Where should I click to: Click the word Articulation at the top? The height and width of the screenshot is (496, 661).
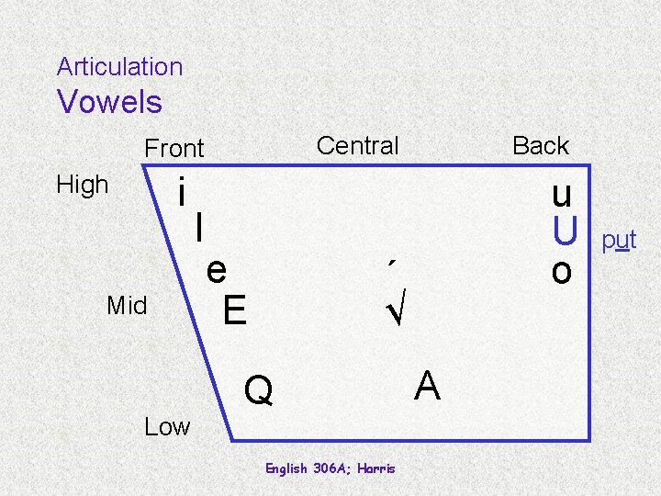(119, 67)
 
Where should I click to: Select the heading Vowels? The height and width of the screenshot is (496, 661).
(109, 102)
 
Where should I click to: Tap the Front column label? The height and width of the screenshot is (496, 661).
(174, 148)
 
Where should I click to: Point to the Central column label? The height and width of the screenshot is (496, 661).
(357, 145)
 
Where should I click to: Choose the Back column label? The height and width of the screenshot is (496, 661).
(541, 145)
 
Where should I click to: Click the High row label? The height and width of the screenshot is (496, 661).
(83, 185)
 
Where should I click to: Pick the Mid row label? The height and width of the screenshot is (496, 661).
(127, 306)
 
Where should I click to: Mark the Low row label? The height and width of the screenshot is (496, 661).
(167, 426)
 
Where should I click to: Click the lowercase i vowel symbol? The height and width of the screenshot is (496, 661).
(184, 193)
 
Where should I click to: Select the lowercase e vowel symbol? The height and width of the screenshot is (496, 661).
(217, 271)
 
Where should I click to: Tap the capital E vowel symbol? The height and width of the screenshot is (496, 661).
(234, 310)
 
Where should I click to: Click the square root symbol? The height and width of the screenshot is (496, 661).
(397, 313)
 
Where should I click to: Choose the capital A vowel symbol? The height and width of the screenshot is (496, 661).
(427, 386)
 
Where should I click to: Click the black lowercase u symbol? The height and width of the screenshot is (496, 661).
(562, 195)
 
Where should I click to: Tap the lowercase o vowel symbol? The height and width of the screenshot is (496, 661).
(562, 271)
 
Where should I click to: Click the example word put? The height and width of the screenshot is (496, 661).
(619, 242)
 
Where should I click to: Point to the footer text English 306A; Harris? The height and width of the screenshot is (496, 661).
(330, 468)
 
